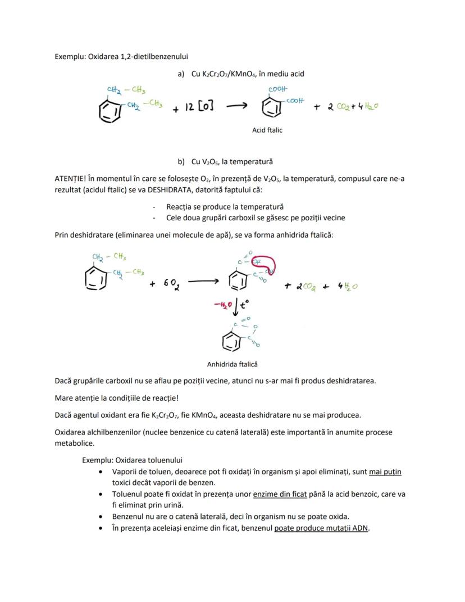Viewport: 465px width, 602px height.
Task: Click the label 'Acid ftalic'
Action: point(267,130)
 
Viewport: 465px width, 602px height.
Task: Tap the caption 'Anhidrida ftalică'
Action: point(232,364)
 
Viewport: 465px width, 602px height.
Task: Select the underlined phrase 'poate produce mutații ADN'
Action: point(321,528)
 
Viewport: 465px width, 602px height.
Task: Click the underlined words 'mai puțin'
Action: point(385,472)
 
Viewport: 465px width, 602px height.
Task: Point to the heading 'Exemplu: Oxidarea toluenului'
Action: point(132,460)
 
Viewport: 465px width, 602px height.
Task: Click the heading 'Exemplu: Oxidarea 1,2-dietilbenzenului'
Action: point(121,56)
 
